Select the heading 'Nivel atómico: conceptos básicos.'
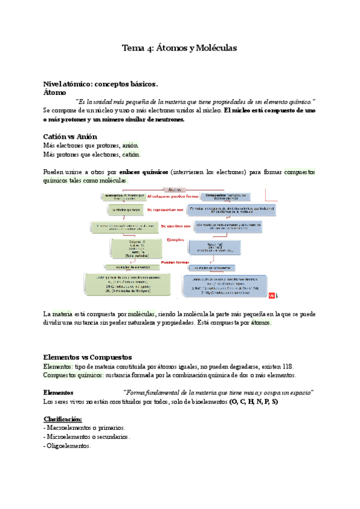[x=100, y=84]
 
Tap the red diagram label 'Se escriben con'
[x=176, y=226]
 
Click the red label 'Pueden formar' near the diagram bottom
[x=175, y=262]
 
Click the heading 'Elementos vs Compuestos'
[x=88, y=357]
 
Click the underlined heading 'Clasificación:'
[x=63, y=418]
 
